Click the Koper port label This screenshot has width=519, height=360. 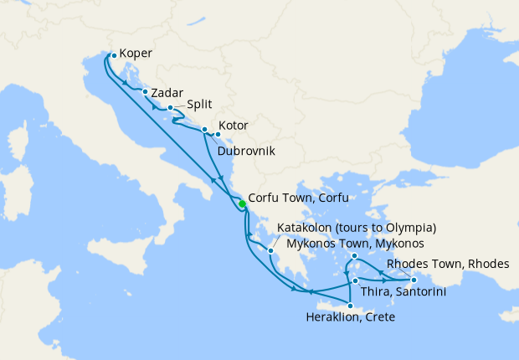136,53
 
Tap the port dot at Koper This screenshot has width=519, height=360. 114,56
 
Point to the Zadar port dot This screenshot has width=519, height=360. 146,92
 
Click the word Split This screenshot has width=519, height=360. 198,107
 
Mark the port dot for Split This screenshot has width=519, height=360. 170,108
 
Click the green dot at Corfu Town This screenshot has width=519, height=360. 241,204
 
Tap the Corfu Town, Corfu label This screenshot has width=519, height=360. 297,198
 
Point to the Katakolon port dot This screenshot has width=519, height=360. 271,249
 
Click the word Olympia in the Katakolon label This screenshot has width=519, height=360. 409,228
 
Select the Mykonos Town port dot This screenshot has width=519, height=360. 355,256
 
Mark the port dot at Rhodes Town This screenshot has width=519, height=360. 414,280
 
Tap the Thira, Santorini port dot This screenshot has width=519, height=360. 356,280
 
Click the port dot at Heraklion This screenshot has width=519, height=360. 350,306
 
